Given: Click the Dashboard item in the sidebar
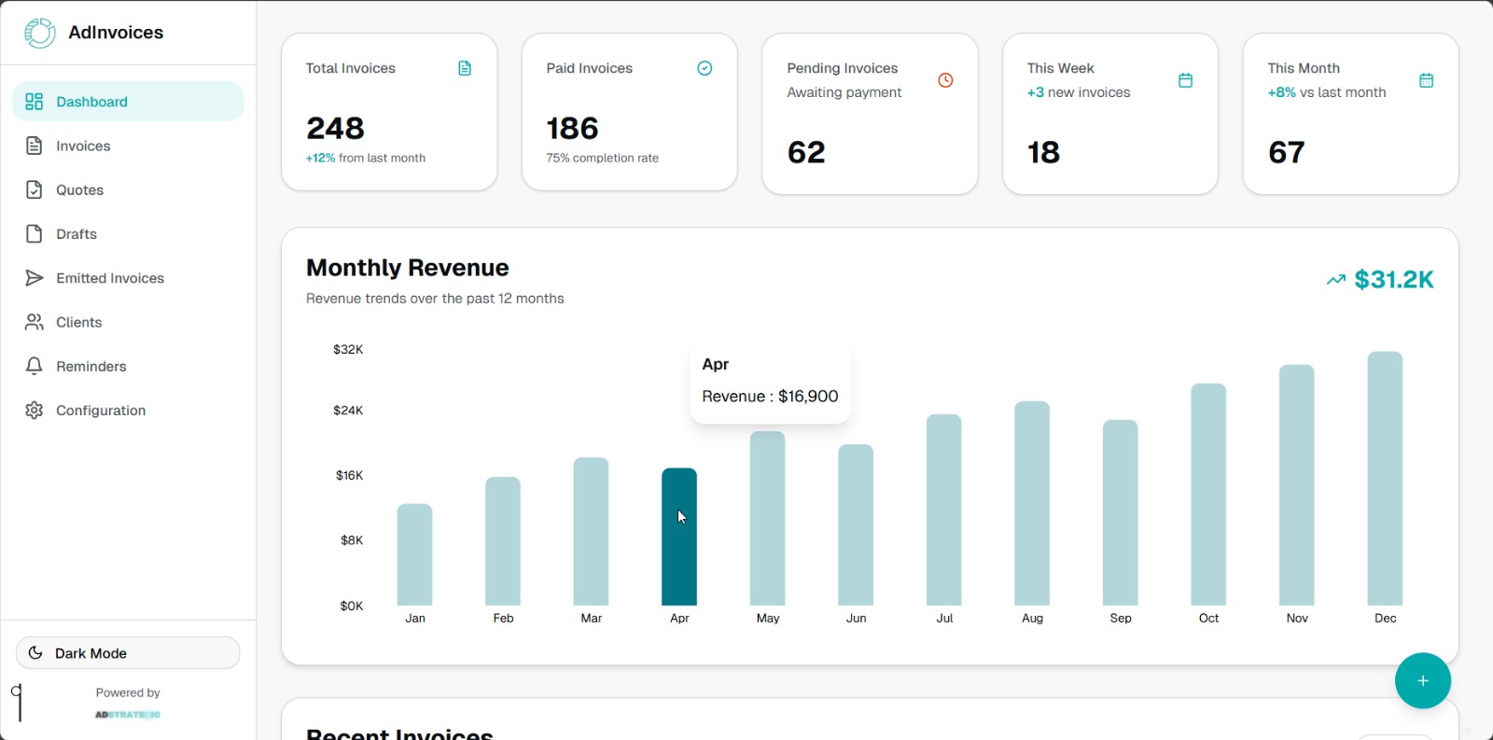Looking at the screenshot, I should [128, 102].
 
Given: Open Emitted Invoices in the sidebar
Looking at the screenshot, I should [109, 278].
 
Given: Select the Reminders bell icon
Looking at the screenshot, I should [35, 366].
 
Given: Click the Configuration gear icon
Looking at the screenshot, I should [35, 411].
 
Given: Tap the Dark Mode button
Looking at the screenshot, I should [128, 653].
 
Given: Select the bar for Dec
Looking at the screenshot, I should [1385, 478].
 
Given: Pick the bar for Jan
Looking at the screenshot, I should [414, 554].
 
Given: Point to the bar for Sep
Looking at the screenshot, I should [1120, 512].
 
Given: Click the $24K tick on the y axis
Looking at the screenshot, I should [348, 411].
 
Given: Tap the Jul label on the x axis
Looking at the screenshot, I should [944, 619].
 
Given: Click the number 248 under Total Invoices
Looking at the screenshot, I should [335, 128].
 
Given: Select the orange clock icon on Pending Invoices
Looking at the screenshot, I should [945, 80].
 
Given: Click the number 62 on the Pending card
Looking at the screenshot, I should [806, 152].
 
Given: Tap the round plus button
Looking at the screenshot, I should [1422, 680].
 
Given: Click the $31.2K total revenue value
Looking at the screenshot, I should [1393, 279].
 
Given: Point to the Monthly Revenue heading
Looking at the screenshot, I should [408, 268].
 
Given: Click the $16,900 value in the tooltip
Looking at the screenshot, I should [808, 397].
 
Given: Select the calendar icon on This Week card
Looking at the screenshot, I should [1185, 80].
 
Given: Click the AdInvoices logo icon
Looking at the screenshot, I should [39, 33].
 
